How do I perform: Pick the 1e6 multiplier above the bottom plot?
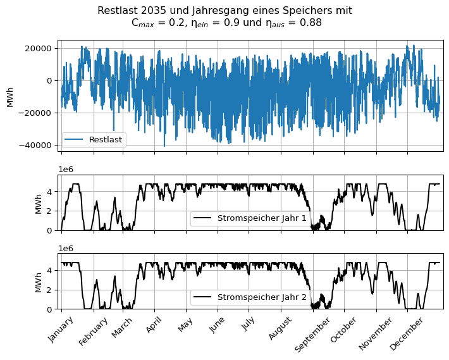point(66,249)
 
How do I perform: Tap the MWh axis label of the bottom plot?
point(39,282)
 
